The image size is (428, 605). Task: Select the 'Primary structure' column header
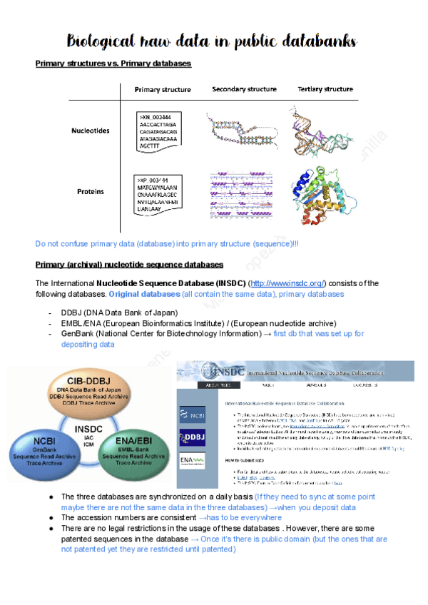tap(163, 90)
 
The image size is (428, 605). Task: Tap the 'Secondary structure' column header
tap(244, 90)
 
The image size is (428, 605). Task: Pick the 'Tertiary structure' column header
tap(325, 90)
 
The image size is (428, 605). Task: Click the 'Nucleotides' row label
tap(91, 131)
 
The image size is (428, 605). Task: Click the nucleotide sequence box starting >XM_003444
tap(159, 131)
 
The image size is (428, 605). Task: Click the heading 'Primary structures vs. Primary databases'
tap(113, 63)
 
